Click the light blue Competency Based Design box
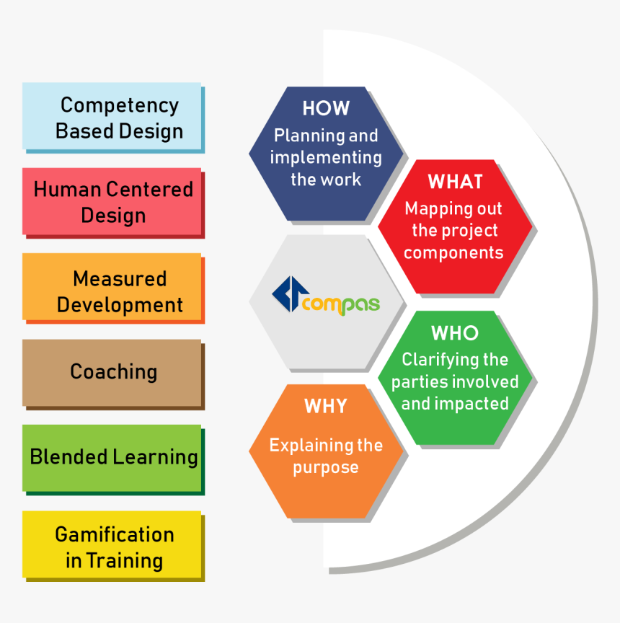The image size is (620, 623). point(112,117)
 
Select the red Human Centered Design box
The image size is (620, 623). point(112,202)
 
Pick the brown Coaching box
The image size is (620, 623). point(112,373)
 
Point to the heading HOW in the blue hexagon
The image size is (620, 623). point(326,109)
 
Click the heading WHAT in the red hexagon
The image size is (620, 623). point(455,182)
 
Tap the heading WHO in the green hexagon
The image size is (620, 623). point(455,333)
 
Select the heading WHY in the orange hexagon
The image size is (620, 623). point(326,406)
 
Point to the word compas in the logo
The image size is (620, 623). point(341,304)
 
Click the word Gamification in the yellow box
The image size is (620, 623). point(115,535)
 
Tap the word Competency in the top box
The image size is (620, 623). point(120,105)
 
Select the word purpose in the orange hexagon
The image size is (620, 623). point(326,467)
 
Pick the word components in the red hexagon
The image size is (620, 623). point(453,253)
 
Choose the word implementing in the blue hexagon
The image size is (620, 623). point(326,157)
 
